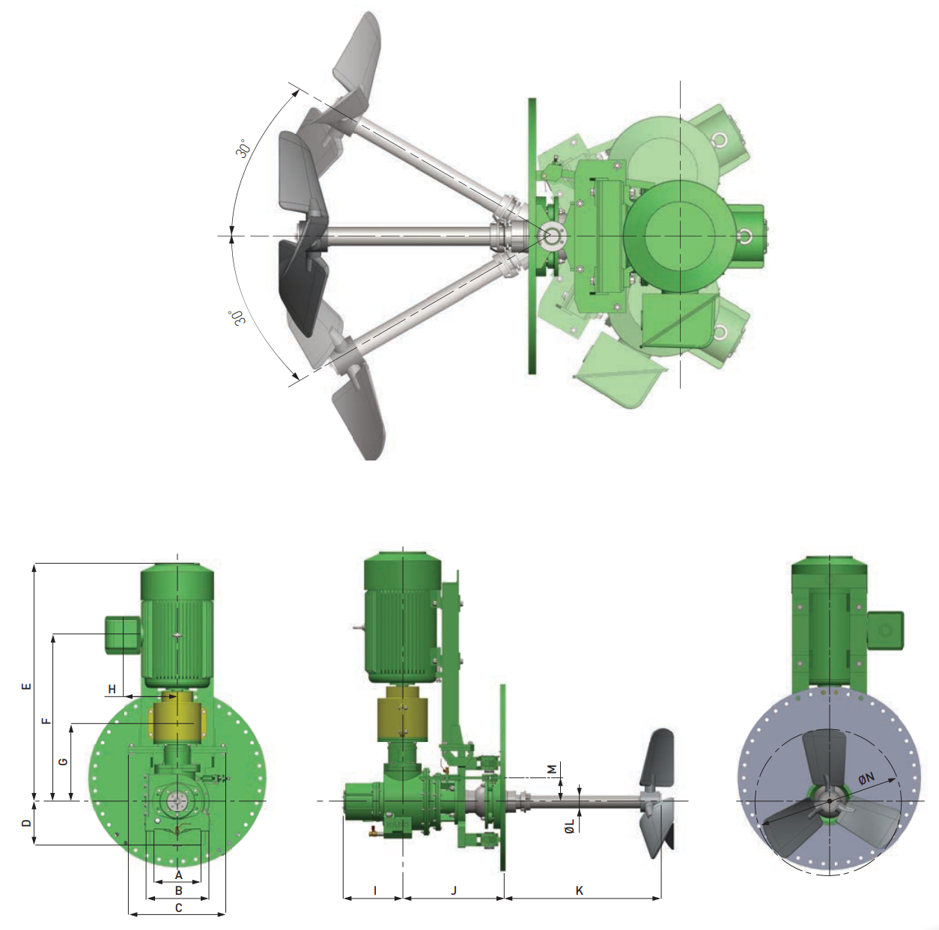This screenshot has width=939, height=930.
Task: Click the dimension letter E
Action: [x=27, y=686]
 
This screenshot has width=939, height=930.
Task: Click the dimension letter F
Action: [x=46, y=720]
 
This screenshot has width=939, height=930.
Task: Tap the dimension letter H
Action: [x=112, y=689]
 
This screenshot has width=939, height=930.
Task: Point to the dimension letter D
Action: [x=27, y=823]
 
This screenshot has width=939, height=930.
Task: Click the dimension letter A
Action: [x=178, y=875]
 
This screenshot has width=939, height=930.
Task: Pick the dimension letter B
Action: [x=178, y=890]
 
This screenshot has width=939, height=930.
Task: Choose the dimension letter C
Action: [x=178, y=908]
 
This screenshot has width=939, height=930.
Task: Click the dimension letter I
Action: [x=374, y=890]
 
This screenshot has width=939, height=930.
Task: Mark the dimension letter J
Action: [x=454, y=890]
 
